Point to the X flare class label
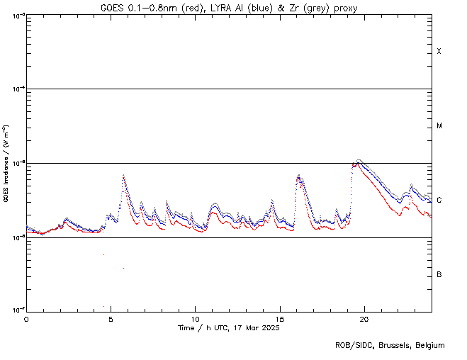click(x=439, y=52)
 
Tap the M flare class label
click(x=439, y=126)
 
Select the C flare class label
click(x=439, y=201)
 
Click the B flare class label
click(x=439, y=274)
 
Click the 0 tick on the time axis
click(x=27, y=319)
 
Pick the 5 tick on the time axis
click(x=111, y=319)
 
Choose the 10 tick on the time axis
click(x=196, y=319)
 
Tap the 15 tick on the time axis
click(x=280, y=319)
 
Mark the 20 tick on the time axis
click(x=364, y=319)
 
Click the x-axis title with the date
click(x=229, y=329)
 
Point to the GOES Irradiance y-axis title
click(x=6, y=163)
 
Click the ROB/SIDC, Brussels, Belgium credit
click(x=390, y=345)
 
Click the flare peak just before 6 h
click(x=123, y=175)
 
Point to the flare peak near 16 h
click(x=298, y=175)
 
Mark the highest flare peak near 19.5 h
click(x=359, y=162)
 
